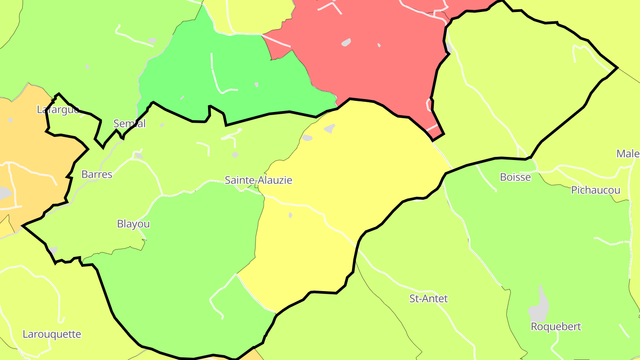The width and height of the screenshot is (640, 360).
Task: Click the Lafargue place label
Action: (x=58, y=109)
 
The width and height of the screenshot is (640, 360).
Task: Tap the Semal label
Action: (x=129, y=123)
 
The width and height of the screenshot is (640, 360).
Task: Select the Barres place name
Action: (x=97, y=174)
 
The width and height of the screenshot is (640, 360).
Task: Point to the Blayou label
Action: (x=133, y=224)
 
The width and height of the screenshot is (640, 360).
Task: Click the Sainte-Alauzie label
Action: (x=258, y=180)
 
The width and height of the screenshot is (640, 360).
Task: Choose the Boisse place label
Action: (x=516, y=177)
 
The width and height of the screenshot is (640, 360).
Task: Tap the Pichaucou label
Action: (x=596, y=190)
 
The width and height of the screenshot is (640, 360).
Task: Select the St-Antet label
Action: (x=428, y=298)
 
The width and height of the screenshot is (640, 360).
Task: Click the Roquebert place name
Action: (x=556, y=327)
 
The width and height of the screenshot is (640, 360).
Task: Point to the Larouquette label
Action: (x=52, y=334)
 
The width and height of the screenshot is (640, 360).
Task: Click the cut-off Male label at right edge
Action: (x=628, y=154)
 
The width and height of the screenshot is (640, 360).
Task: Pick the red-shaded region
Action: (x=378, y=67)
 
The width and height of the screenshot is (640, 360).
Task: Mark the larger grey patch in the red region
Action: (x=346, y=43)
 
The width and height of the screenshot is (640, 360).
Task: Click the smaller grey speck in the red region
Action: (x=379, y=45)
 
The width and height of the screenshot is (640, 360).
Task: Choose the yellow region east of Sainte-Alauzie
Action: (x=356, y=169)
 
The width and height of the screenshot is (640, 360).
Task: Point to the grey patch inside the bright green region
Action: (x=256, y=84)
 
